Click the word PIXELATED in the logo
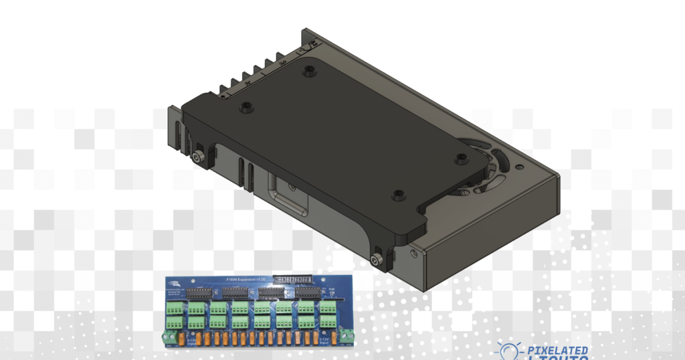click(558, 350)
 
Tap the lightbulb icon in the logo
click(509, 352)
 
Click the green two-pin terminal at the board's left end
click(169, 336)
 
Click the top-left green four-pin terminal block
click(175, 308)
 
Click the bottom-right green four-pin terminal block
click(328, 323)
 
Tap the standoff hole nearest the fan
click(461, 159)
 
